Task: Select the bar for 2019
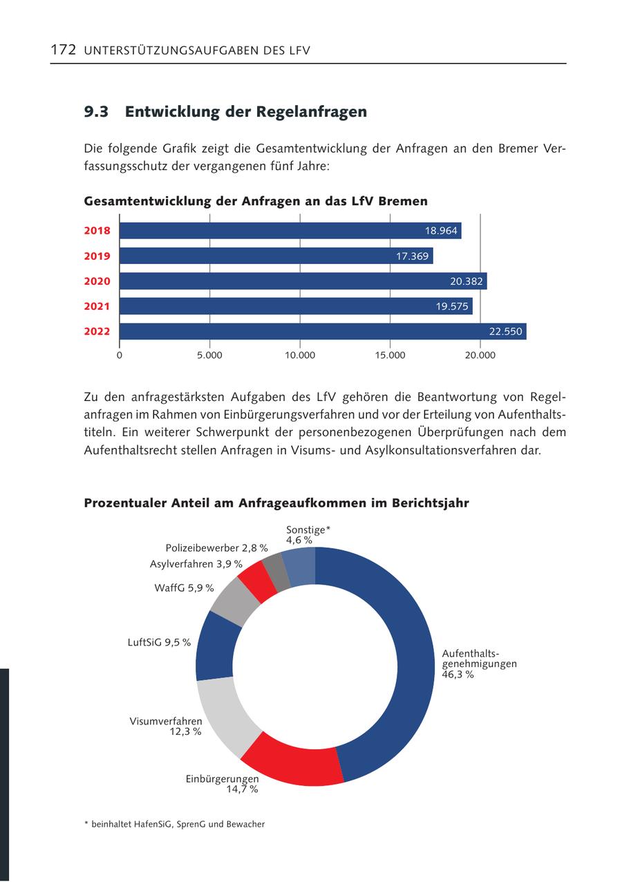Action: click(x=276, y=256)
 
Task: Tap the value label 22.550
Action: click(x=505, y=332)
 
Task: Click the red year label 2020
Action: click(x=97, y=281)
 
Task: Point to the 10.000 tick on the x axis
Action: click(x=300, y=355)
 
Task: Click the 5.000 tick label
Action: click(x=209, y=355)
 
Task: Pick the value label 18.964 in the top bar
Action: click(x=441, y=231)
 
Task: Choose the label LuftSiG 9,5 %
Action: click(x=159, y=642)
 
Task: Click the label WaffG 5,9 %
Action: click(x=184, y=588)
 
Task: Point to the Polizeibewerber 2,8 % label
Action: click(x=216, y=548)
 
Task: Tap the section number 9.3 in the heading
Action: click(x=96, y=112)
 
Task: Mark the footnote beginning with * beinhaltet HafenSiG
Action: click(x=174, y=824)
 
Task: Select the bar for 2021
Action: click(x=296, y=306)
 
